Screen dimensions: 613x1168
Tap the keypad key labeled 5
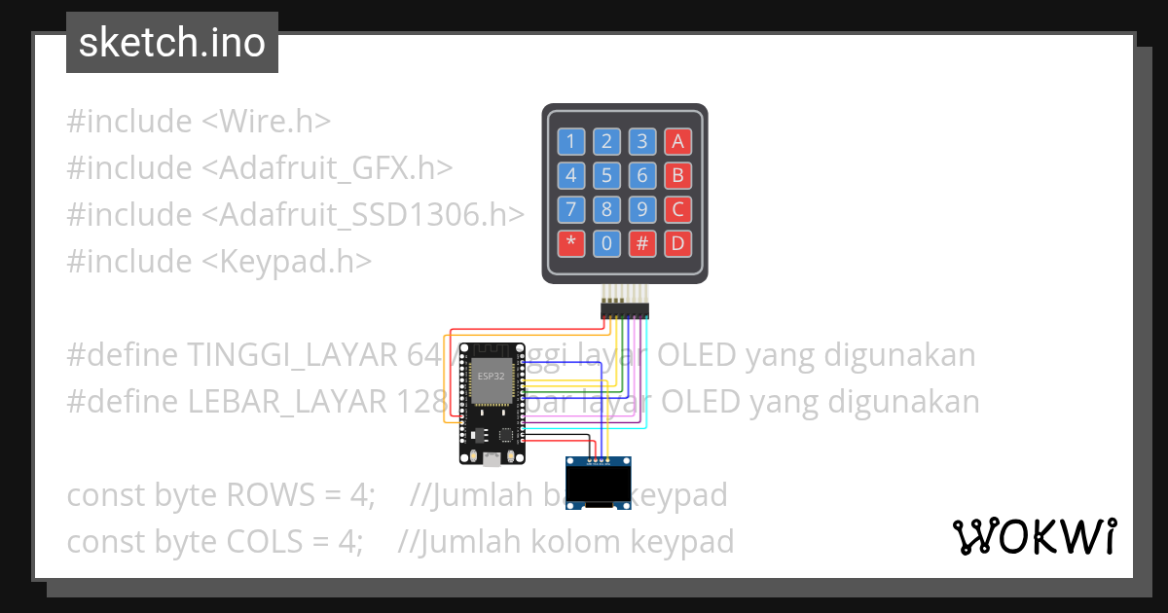[606, 176]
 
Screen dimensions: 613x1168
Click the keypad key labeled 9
[641, 209]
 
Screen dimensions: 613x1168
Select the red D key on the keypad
[677, 242]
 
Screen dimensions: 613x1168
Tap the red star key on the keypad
[571, 242]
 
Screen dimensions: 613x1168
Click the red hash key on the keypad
[641, 242]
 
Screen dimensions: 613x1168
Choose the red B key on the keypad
[677, 176]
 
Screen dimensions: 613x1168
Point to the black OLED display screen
[600, 484]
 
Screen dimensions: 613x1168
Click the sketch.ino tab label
[172, 43]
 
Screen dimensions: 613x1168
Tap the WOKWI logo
[1034, 536]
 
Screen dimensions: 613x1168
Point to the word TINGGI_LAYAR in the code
[291, 355]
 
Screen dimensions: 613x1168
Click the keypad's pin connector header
[624, 310]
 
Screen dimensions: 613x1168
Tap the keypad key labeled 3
[641, 142]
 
